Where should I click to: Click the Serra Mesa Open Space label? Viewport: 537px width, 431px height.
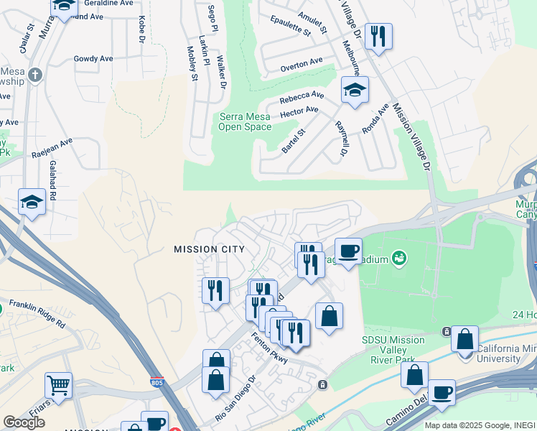(246, 122)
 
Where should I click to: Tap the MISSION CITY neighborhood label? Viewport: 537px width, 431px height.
(209, 249)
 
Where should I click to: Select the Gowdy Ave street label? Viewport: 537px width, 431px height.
(93, 58)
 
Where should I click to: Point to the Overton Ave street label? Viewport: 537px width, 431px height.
(302, 65)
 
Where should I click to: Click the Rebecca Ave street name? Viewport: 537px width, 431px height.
(302, 96)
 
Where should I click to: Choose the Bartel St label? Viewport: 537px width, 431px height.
(294, 141)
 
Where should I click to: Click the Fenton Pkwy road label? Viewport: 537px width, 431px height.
(269, 348)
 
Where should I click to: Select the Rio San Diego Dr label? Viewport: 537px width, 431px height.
(235, 398)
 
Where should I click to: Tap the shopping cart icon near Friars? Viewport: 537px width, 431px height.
(58, 384)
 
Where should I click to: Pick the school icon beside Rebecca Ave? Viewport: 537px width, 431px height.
(354, 90)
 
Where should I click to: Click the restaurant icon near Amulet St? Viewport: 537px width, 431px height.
(378, 36)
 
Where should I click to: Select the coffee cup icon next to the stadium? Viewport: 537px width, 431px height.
(348, 251)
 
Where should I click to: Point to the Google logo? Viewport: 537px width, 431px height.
(24, 422)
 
